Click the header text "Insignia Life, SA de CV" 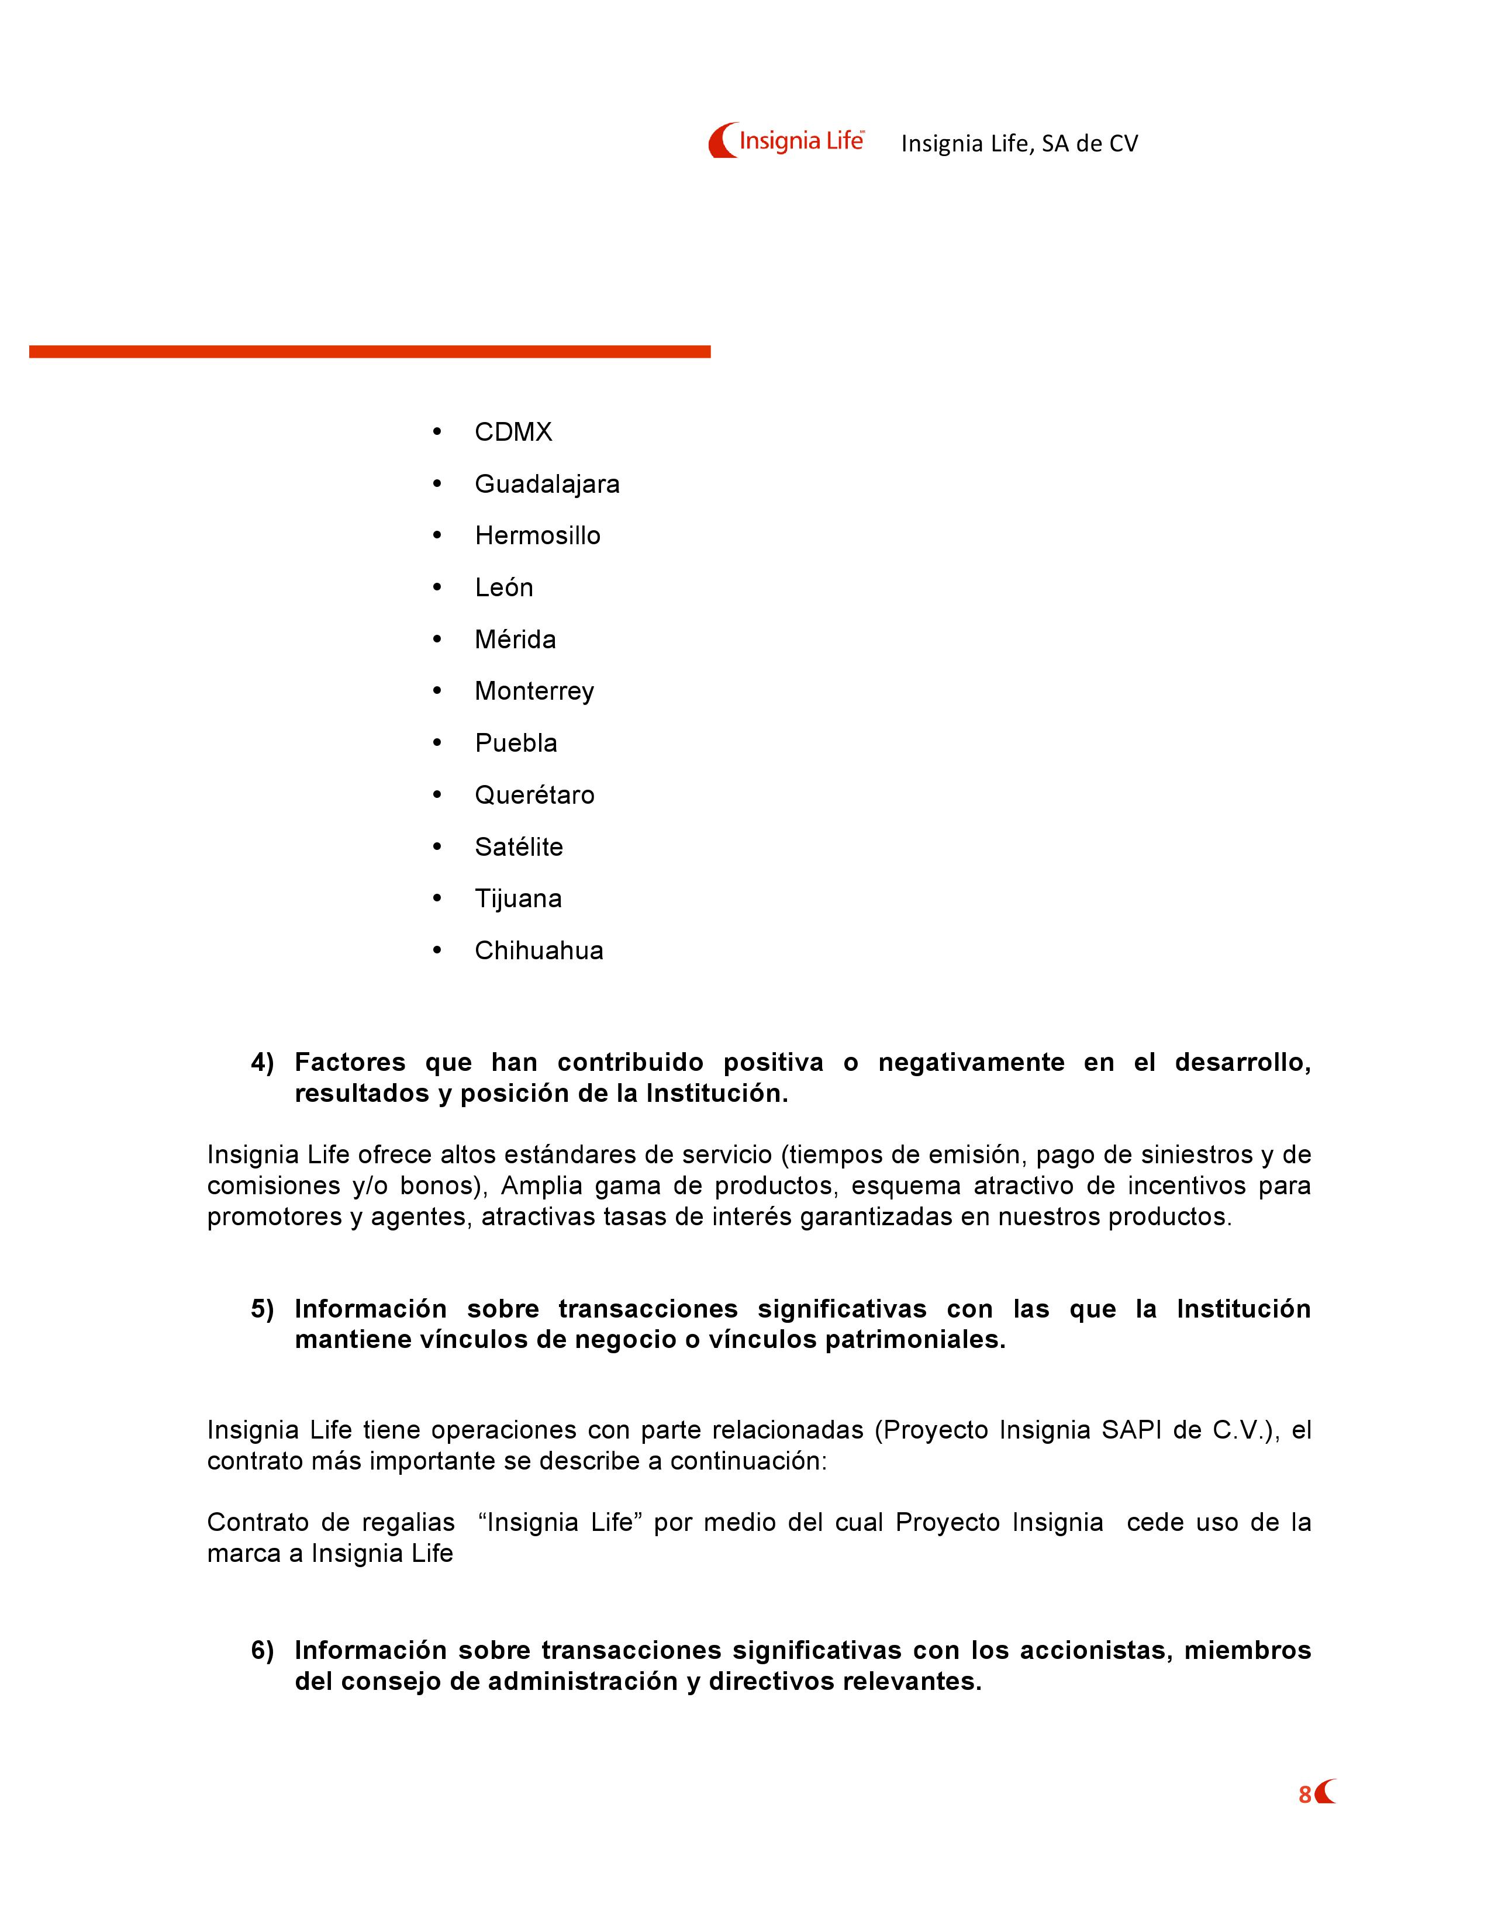pos(1019,144)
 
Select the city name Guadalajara pos(547,484)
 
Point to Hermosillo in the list pos(537,535)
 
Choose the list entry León pos(503,587)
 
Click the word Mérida pos(515,639)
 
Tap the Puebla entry pos(516,743)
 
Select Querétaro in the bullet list pos(534,795)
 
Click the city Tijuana pos(517,898)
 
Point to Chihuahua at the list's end pos(539,950)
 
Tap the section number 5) pos(263,1308)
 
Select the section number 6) pos(263,1650)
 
